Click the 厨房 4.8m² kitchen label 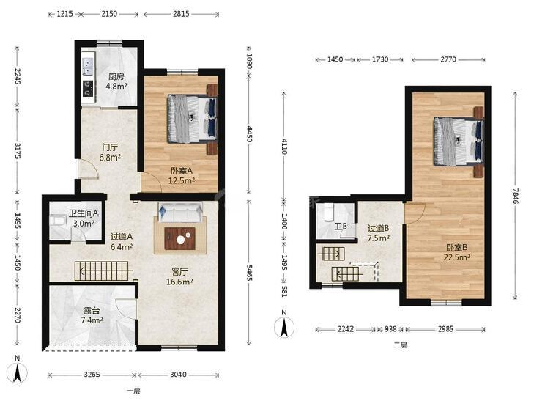pyautogui.click(x=116, y=81)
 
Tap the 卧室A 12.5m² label pyautogui.click(x=182, y=175)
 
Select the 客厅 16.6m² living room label pyautogui.click(x=179, y=276)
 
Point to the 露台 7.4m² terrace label pyautogui.click(x=92, y=315)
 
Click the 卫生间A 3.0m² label pyautogui.click(x=84, y=218)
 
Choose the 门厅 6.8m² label pyautogui.click(x=111, y=152)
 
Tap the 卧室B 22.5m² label pyautogui.click(x=457, y=252)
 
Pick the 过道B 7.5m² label pyautogui.click(x=379, y=233)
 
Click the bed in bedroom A pyautogui.click(x=193, y=119)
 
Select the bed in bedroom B pyautogui.click(x=459, y=141)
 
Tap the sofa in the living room pyautogui.click(x=180, y=213)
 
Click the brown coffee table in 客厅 pyautogui.click(x=179, y=238)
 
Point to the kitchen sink pyautogui.click(x=88, y=66)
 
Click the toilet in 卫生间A pyautogui.click(x=57, y=221)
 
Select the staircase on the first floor pyautogui.click(x=102, y=271)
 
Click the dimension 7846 pyautogui.click(x=515, y=196)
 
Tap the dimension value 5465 pyautogui.click(x=250, y=273)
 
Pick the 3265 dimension pyautogui.click(x=92, y=375)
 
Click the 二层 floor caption pyautogui.click(x=401, y=345)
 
